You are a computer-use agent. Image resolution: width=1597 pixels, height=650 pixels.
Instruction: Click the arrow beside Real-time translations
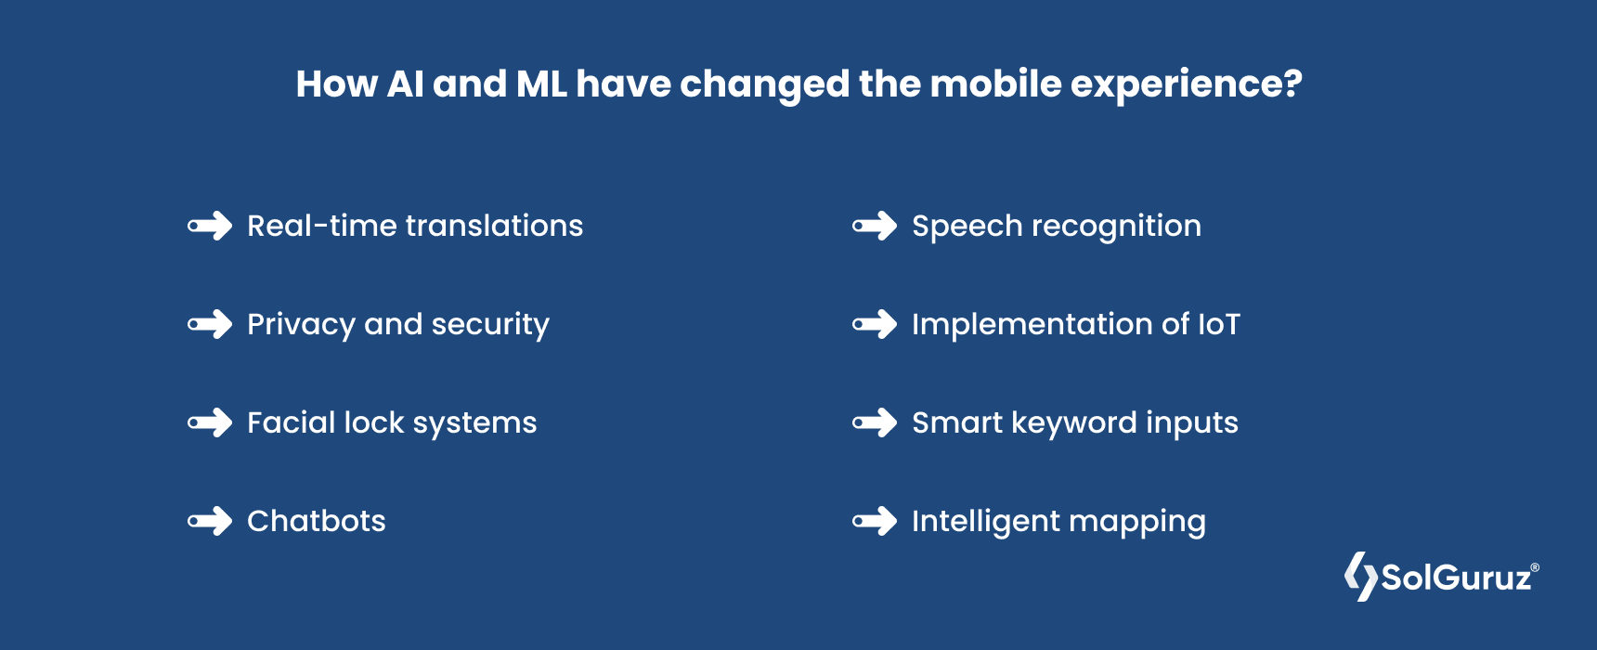(210, 226)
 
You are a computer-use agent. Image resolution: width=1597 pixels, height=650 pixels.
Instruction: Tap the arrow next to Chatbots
(210, 521)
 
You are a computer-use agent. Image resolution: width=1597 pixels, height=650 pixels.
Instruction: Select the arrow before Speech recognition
(875, 226)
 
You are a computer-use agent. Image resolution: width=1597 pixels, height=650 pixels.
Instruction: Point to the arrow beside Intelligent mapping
(875, 521)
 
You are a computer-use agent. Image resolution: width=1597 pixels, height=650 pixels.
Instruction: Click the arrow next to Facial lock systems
(210, 422)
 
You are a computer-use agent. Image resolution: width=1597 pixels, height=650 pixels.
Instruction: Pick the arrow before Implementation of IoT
(875, 324)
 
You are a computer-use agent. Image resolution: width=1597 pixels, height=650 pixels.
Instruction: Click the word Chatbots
(316, 521)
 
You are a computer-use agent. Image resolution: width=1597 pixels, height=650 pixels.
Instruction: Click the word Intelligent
(985, 522)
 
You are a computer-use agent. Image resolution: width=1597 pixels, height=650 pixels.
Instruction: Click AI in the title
(405, 84)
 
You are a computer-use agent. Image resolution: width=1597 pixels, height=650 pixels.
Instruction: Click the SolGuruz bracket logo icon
(1361, 577)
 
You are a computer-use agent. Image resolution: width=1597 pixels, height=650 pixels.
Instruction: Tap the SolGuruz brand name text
(1456, 578)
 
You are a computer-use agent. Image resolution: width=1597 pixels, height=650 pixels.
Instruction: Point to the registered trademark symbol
(1535, 567)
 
